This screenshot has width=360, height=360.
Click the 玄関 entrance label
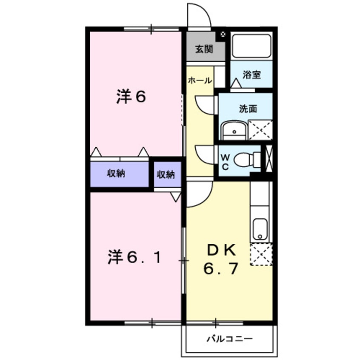(x=204, y=49)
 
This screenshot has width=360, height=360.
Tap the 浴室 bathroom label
(x=251, y=75)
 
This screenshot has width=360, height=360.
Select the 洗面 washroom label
(x=248, y=109)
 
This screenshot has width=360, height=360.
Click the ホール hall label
(x=200, y=80)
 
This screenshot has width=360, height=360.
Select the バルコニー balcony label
(x=230, y=339)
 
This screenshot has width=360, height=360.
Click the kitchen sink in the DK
(x=260, y=229)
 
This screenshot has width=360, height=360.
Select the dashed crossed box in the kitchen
(x=260, y=254)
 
